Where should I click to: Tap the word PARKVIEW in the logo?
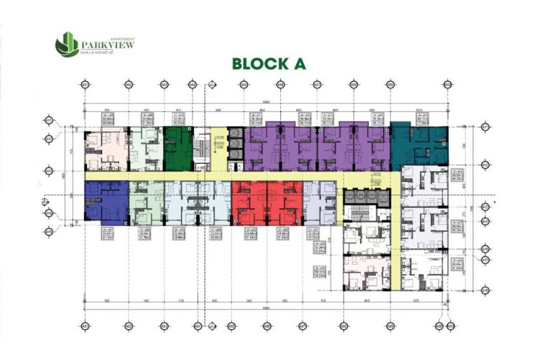(108, 44)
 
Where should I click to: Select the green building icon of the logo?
(67, 44)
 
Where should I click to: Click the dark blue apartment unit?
(106, 202)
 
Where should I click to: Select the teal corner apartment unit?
(418, 144)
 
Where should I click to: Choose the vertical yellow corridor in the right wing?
(395, 224)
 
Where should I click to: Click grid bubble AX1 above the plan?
(85, 85)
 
